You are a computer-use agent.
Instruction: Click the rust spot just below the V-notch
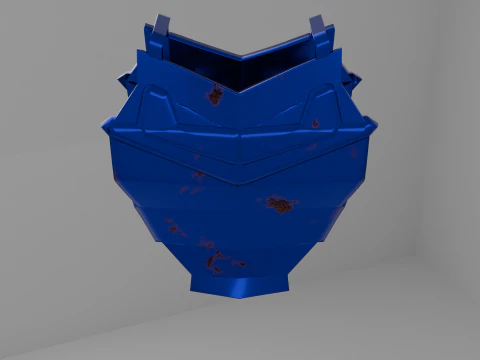pos(215,96)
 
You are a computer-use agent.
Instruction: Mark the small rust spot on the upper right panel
pos(315,124)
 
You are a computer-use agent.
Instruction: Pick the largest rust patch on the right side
pos(280,205)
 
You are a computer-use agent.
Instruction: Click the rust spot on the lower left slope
pos(175,229)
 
